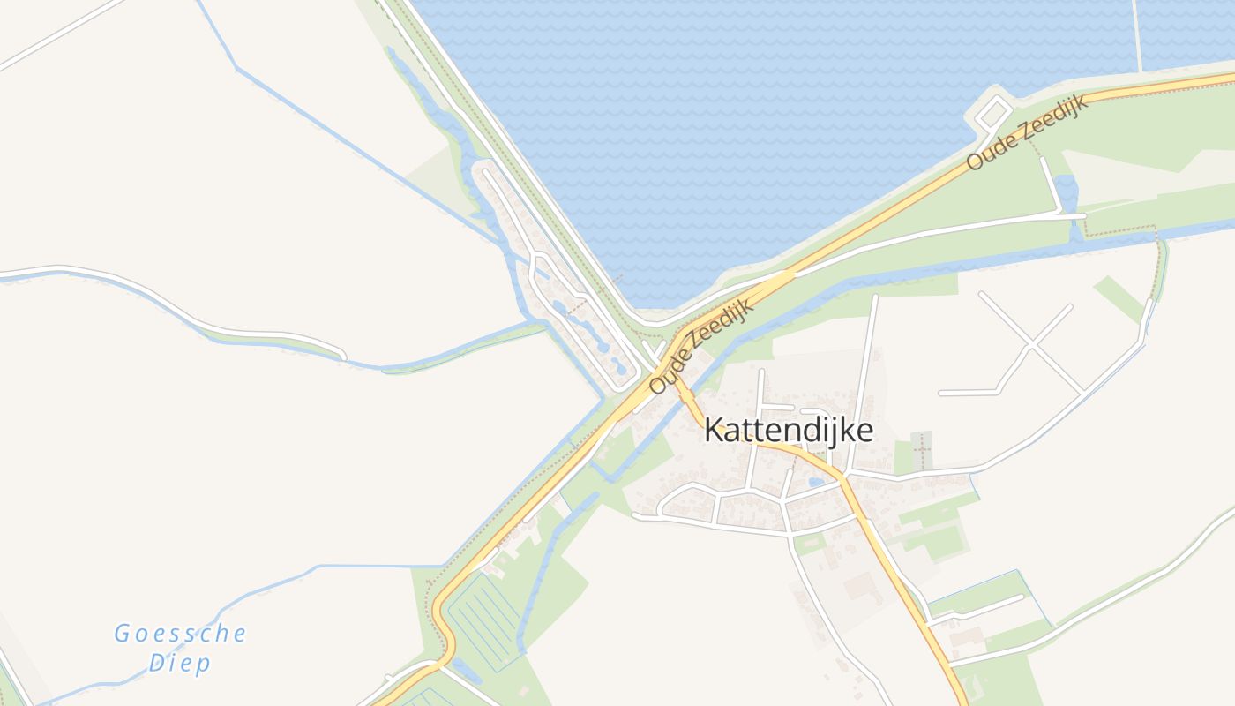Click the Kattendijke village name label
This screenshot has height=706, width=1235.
[789, 431]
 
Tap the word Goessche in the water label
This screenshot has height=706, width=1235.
[180, 634]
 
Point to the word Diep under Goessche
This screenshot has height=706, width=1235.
[179, 664]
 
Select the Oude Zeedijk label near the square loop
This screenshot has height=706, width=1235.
[1027, 131]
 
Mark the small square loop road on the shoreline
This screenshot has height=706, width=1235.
[993, 113]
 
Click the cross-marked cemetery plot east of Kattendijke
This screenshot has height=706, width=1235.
[922, 450]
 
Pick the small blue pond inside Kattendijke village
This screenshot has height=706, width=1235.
[816, 482]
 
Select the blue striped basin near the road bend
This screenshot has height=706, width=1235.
[484, 618]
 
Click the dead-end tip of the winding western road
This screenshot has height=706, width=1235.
[343, 357]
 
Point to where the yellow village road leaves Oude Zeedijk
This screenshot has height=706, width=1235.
[680, 389]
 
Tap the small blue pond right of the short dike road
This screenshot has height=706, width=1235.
[1066, 190]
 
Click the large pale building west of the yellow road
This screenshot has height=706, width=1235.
[860, 586]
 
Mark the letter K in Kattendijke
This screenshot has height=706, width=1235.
[713, 431]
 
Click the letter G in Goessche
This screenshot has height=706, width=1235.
[122, 634]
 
